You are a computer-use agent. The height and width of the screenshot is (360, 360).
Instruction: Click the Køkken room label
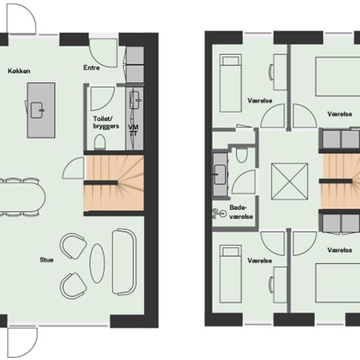[x=19, y=71]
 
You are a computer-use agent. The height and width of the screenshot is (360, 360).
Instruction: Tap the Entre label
[x=92, y=67]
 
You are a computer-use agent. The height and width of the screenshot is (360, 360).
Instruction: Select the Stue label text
[x=46, y=260]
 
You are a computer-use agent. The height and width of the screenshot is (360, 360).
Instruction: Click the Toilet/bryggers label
[x=106, y=122]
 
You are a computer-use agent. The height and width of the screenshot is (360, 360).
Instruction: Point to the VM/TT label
[x=134, y=130]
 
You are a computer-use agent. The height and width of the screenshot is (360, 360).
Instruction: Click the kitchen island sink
[x=37, y=111]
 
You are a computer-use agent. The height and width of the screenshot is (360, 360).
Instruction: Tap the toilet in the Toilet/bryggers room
[x=99, y=142]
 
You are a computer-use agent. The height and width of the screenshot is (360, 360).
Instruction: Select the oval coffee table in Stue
[x=97, y=263]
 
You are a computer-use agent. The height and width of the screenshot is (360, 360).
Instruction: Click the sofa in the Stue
[x=124, y=262]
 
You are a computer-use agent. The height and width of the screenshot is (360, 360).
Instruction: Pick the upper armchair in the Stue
[x=73, y=246]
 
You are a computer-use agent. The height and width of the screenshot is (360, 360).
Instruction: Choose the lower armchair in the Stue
[x=73, y=286]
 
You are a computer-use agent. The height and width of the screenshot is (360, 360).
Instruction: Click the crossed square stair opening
[x=289, y=181]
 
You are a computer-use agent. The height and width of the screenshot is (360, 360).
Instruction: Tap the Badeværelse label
[x=241, y=212]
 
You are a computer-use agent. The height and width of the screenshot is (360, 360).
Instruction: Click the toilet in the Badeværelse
[x=242, y=155]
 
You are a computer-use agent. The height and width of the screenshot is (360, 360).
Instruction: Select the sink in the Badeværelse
[x=220, y=175]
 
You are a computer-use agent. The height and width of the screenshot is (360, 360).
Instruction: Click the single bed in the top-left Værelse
[x=230, y=83]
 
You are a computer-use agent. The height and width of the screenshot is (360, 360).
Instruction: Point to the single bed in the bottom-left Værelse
[x=230, y=274]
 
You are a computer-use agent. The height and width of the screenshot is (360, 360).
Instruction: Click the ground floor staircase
[x=114, y=183]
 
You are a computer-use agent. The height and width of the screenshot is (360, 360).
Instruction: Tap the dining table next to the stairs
[x=22, y=198]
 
